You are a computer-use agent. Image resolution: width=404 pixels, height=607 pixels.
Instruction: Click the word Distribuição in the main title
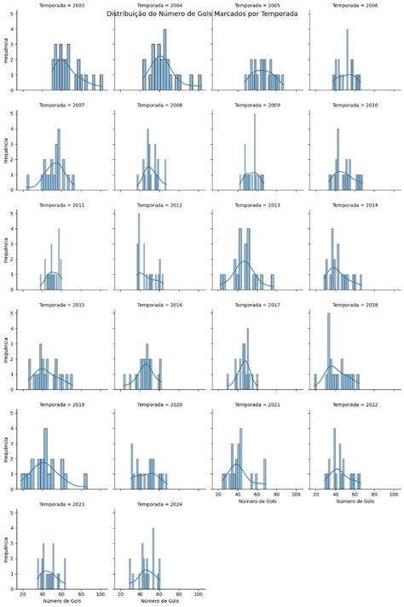point(128,14)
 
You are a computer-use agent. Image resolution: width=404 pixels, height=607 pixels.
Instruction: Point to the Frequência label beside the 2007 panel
point(7,153)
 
